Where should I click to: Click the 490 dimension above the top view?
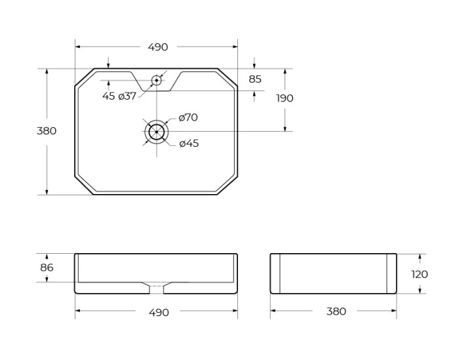click(158, 47)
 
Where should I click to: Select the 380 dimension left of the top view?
click(47, 130)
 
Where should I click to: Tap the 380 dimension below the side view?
click(336, 311)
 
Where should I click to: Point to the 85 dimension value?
click(255, 79)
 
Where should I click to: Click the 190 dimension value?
click(285, 98)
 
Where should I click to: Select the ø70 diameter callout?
click(188, 117)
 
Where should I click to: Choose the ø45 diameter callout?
click(189, 143)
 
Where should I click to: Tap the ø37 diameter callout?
click(127, 96)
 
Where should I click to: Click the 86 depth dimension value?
click(47, 268)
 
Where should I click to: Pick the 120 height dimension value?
click(420, 274)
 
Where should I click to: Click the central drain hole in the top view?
click(156, 132)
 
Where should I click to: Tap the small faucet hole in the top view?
click(156, 81)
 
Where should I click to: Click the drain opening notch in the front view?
click(156, 287)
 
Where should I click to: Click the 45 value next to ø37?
click(108, 96)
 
